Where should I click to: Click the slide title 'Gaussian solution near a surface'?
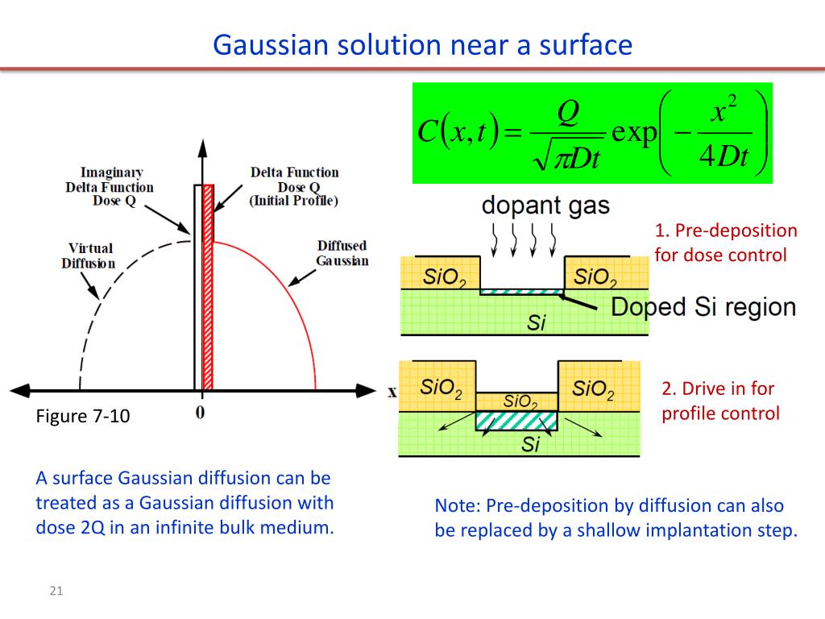[422, 45]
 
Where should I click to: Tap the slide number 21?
[56, 592]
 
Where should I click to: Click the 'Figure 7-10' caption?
[83, 417]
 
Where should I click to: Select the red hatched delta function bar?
[207, 286]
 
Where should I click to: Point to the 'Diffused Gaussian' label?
[342, 253]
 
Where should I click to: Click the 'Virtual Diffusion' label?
[89, 255]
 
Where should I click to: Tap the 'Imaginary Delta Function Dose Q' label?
[110, 186]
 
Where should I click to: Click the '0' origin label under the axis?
[201, 412]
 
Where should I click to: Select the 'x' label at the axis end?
[392, 392]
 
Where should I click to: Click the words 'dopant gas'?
[545, 205]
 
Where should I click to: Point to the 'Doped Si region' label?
[703, 307]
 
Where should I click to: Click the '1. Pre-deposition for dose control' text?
[725, 243]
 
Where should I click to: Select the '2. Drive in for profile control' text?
[720, 401]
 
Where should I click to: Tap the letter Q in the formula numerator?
[568, 113]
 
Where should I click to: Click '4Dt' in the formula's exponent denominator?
[723, 157]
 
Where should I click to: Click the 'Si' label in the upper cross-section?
[537, 323]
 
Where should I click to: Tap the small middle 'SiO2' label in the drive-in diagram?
[520, 401]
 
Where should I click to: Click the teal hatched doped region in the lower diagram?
[516, 420]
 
